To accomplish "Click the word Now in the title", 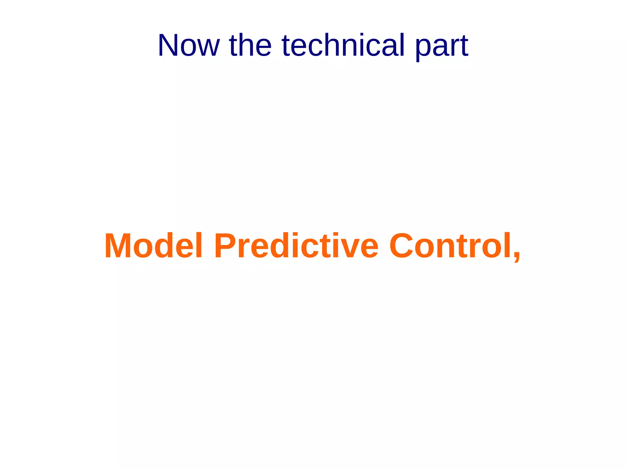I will (x=188, y=45).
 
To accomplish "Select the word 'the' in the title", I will (x=250, y=45).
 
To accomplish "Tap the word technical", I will (x=343, y=45).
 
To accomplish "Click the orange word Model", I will (x=153, y=246).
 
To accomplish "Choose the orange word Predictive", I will (x=296, y=246).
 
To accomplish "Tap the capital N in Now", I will (x=168, y=45).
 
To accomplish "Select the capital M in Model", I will (x=118, y=246).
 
